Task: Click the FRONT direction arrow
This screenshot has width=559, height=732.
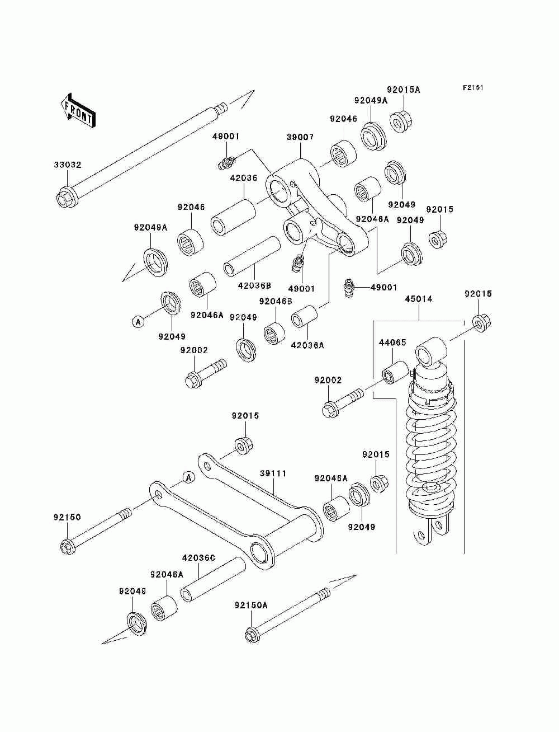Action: click(78, 110)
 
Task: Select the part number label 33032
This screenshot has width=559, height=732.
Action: click(68, 165)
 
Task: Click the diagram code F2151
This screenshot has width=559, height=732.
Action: click(473, 88)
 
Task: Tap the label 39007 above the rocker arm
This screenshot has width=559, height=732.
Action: click(300, 137)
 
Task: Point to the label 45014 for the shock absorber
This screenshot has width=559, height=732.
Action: click(419, 299)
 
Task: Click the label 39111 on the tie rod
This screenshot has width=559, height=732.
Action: click(273, 473)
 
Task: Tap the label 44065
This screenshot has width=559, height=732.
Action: click(392, 342)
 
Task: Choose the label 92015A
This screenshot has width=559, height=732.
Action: click(404, 90)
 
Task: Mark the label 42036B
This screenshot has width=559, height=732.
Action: click(254, 285)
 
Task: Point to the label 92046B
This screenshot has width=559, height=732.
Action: click(276, 301)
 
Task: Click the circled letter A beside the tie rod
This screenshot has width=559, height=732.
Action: click(188, 477)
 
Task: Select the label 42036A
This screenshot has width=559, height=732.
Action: click(307, 345)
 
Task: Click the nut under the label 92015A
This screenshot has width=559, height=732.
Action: click(400, 122)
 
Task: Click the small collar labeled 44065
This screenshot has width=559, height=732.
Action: click(395, 372)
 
